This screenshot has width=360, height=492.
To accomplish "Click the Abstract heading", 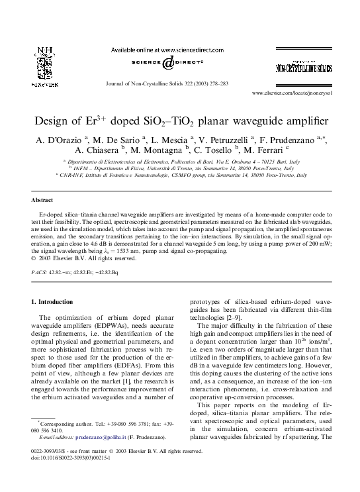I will tap(42, 199).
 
